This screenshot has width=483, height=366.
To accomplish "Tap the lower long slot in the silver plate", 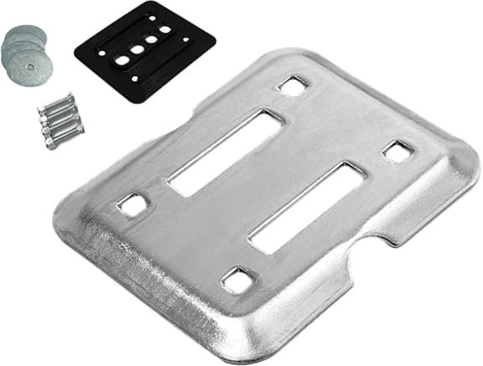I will click(x=306, y=207).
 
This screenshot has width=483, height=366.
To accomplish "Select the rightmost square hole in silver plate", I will click(x=397, y=152).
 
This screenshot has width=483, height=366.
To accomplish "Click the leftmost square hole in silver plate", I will click(x=132, y=204).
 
